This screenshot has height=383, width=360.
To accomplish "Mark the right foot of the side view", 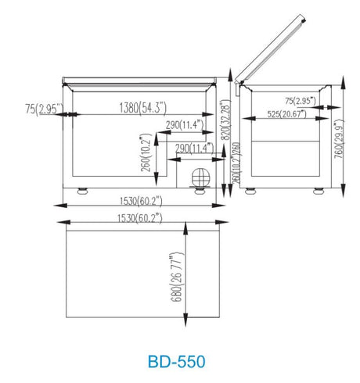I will (319, 191).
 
